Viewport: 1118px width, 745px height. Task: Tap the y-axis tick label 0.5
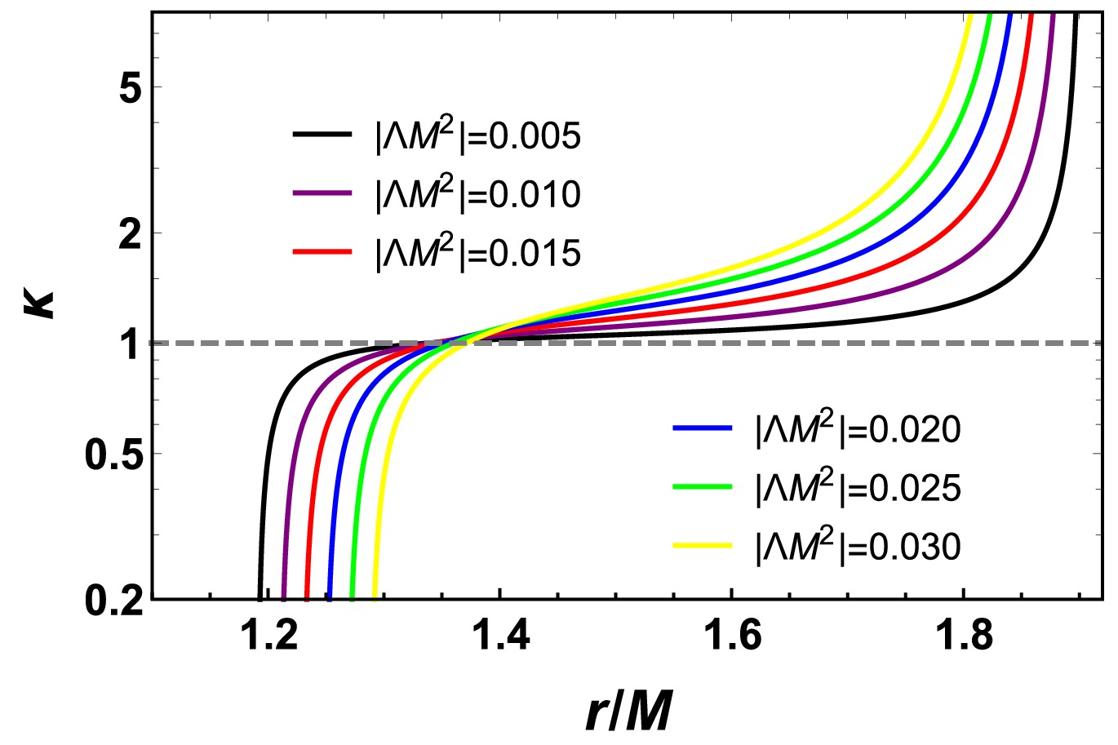(x=114, y=454)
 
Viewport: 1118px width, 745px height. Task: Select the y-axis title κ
(x=41, y=299)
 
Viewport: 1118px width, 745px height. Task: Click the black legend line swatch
(x=322, y=135)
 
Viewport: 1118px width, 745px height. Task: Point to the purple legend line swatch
(x=322, y=193)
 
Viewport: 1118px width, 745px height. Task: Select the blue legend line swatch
(x=701, y=428)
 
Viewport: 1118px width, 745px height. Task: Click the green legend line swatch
(x=701, y=486)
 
